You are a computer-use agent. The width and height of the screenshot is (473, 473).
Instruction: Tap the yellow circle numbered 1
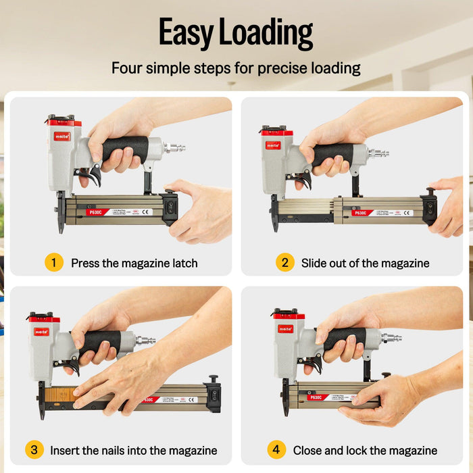click(x=54, y=262)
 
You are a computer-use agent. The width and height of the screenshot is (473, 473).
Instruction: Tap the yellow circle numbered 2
click(x=284, y=262)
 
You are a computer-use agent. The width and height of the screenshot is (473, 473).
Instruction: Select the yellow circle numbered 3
click(x=34, y=449)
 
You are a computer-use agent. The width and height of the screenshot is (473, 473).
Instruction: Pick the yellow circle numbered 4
click(x=276, y=449)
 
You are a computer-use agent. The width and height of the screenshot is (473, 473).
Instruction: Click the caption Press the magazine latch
click(x=134, y=263)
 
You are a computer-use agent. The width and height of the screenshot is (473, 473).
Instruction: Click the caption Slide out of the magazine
click(x=365, y=263)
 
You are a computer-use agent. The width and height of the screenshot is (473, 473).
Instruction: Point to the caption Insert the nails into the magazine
click(x=134, y=450)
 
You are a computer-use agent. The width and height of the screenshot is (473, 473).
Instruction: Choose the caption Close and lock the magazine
click(x=365, y=450)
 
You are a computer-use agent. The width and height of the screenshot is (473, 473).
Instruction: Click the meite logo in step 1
click(x=61, y=136)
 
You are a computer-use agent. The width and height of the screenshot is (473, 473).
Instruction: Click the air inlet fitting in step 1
click(x=176, y=147)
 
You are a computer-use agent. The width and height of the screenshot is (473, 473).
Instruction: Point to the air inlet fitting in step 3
click(x=146, y=341)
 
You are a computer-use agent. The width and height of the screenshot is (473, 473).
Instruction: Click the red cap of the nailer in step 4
click(x=289, y=315)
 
